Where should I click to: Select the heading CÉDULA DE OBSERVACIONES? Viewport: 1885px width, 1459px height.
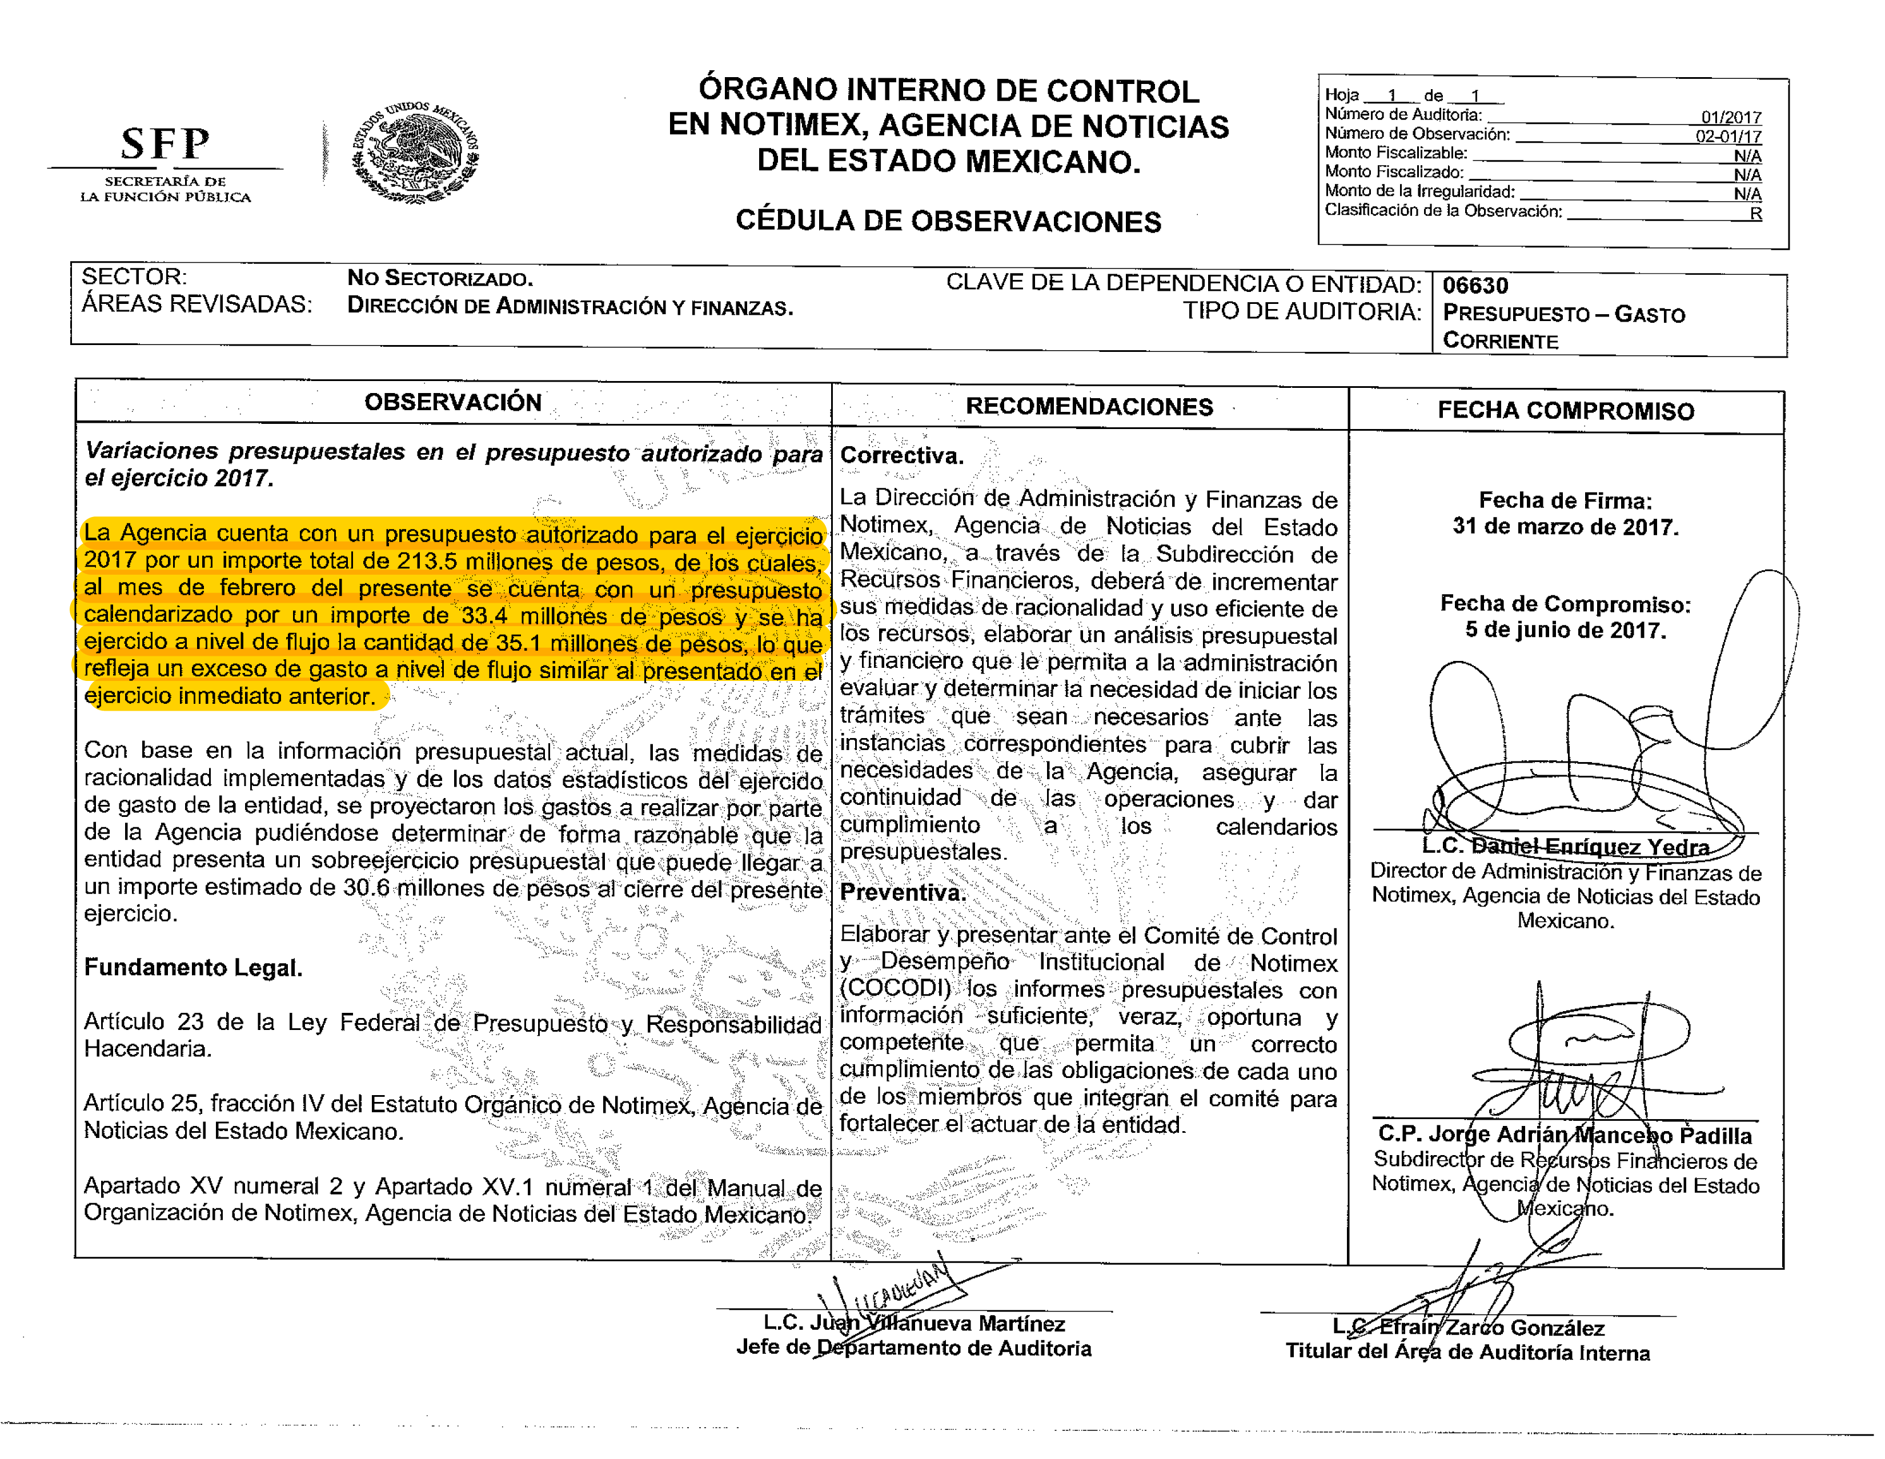tap(948, 221)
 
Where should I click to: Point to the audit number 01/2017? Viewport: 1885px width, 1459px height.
tap(1731, 118)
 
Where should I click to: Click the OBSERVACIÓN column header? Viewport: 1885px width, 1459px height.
tap(452, 402)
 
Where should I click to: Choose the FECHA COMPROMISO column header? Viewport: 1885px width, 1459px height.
tap(1565, 411)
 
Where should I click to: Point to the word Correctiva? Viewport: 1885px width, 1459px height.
tap(901, 456)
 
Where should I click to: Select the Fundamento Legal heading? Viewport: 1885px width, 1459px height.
tap(192, 968)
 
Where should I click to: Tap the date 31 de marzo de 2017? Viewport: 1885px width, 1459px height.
tap(1565, 527)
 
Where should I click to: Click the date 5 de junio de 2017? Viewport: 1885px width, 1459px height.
tap(1565, 630)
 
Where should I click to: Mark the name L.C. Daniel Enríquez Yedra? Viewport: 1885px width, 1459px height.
tap(1565, 847)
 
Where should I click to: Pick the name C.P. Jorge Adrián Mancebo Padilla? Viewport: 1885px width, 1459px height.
tap(1565, 1135)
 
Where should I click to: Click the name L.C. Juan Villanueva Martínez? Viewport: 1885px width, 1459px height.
tap(913, 1324)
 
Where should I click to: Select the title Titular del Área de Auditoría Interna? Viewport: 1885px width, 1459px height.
tap(1467, 1353)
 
